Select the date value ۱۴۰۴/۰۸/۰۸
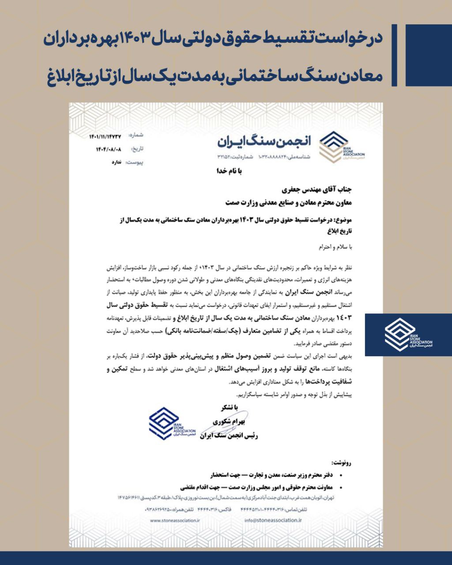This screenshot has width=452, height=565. [109, 149]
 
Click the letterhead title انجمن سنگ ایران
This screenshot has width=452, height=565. [264, 141]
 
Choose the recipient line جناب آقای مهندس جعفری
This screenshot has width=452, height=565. [318, 191]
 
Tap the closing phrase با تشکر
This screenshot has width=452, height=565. [230, 407]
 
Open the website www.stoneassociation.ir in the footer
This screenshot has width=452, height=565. [175, 520]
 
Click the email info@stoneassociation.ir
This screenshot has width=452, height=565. [273, 520]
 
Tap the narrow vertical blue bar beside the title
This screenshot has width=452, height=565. [394, 55]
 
